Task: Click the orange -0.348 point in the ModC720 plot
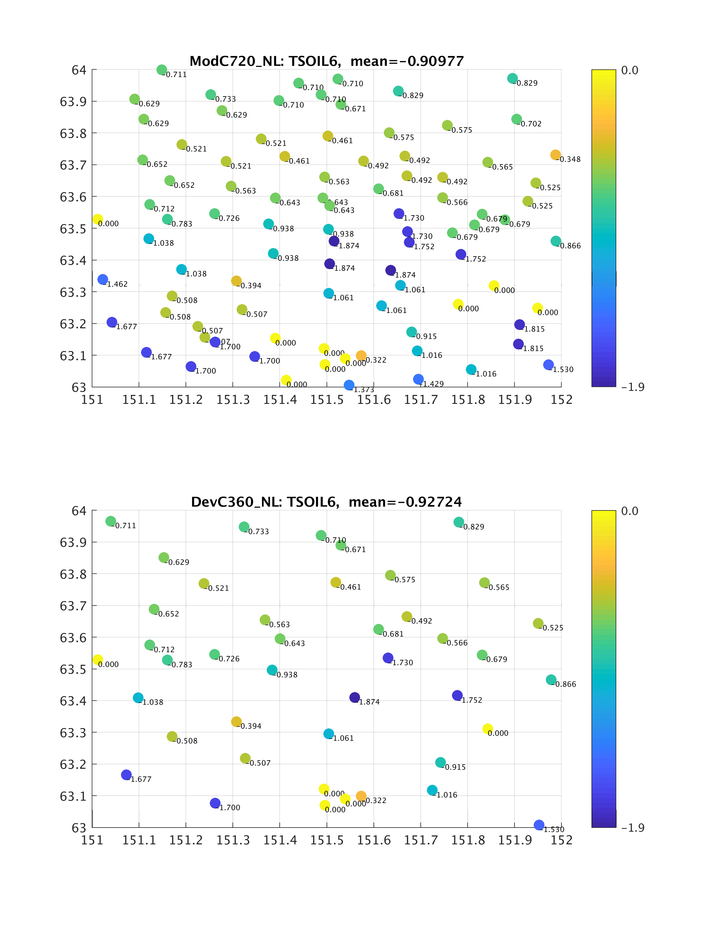click(x=555, y=155)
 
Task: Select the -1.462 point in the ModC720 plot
click(x=102, y=279)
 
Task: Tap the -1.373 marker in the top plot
click(x=349, y=385)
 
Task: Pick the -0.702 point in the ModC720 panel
click(x=517, y=119)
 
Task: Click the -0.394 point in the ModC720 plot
click(x=236, y=281)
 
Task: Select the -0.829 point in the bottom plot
click(x=459, y=522)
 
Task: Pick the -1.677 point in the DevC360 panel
click(x=126, y=774)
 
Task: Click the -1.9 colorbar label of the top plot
click(x=632, y=387)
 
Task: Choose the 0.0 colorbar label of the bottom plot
click(x=630, y=511)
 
